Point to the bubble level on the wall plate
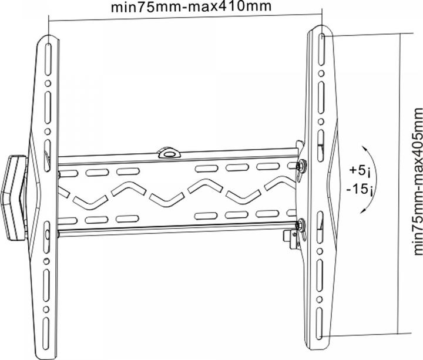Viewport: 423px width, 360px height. [x=169, y=152]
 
